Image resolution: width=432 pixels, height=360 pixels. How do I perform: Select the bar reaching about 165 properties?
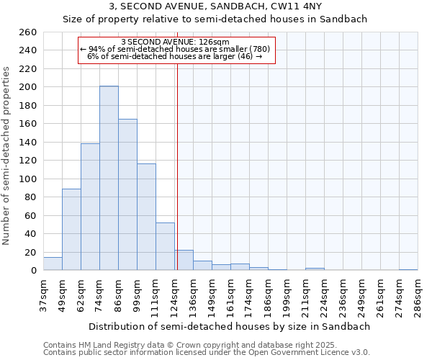coord(127,194)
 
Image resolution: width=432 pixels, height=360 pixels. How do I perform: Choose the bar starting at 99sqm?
coord(146,217)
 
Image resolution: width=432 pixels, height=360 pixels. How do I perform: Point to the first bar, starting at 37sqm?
coord(53,264)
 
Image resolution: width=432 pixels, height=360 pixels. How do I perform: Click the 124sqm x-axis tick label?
coord(174,295)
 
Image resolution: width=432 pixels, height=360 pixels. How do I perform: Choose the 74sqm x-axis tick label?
coord(99,295)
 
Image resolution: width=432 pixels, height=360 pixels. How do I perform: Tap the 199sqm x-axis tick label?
coord(287,295)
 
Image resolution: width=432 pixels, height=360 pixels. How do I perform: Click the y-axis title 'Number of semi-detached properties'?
coord(7,156)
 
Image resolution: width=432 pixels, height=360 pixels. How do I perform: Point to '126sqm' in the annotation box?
coord(216,42)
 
